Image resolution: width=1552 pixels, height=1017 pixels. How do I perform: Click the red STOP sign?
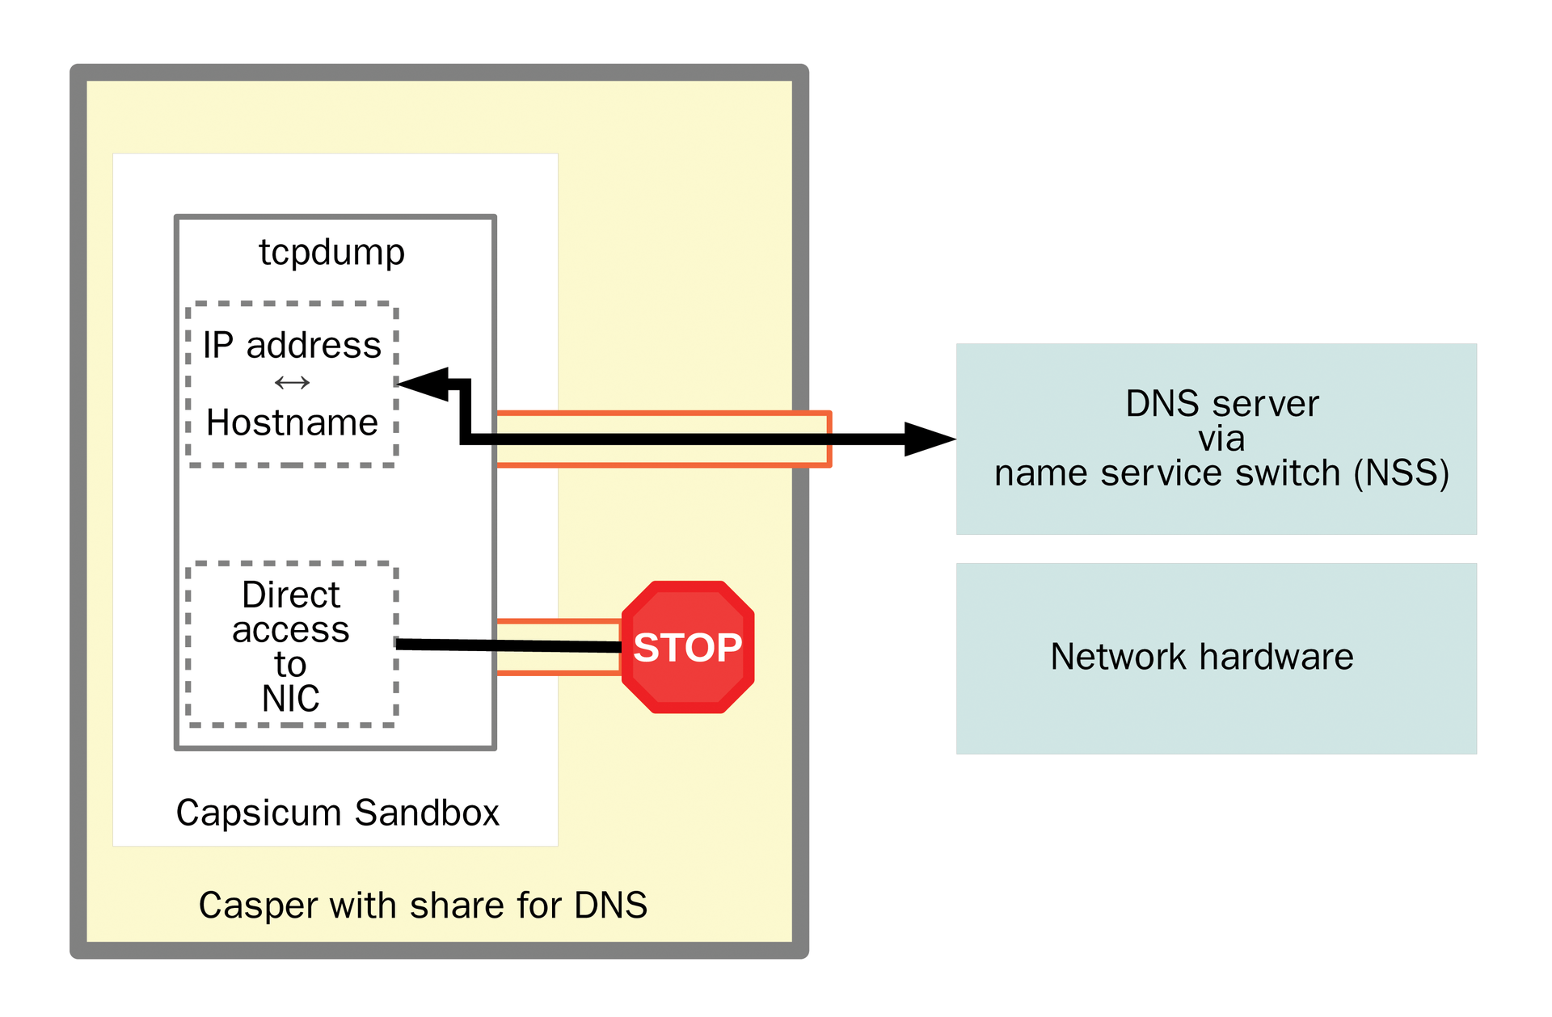687,647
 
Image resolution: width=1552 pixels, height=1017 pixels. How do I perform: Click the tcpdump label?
331,252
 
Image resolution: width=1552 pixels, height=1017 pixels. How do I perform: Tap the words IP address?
291,346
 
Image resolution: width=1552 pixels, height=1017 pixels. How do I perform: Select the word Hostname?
292,422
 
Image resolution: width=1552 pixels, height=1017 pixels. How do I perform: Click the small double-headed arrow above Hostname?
292,383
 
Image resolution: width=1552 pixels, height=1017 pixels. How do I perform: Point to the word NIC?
290,699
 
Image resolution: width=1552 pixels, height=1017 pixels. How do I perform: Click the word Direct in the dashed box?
291,595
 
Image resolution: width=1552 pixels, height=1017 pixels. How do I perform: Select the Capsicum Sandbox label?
337,813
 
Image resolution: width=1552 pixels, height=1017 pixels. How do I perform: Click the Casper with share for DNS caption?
423,906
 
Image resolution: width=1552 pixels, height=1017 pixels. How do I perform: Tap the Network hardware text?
1201,657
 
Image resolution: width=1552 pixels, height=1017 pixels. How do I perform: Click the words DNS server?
1221,404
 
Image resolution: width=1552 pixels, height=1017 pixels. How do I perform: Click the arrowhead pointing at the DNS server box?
930,439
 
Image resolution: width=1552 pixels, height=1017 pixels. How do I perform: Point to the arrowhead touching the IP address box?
425,385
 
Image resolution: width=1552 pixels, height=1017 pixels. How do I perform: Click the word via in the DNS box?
1221,439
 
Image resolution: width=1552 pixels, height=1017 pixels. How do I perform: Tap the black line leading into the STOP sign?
509,645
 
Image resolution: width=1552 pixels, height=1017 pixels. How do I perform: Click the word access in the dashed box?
291,630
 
